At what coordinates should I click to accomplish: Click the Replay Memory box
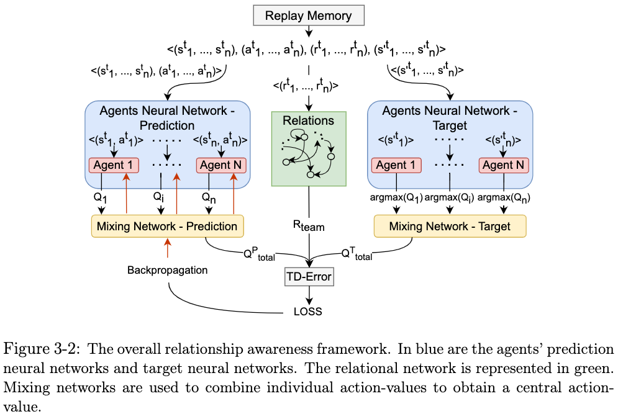pos(309,15)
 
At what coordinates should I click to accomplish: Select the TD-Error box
pos(309,277)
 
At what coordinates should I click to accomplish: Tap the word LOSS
pos(309,311)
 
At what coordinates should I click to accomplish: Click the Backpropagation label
pos(167,270)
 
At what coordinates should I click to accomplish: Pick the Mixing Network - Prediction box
pos(167,226)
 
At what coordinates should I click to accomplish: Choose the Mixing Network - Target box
pos(450,226)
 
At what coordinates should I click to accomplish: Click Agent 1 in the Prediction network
pos(113,165)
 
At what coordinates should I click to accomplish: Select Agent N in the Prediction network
pos(221,165)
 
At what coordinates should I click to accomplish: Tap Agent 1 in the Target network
pos(396,165)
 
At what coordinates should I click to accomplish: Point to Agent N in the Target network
pos(504,165)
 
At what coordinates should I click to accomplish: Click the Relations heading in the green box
pos(308,120)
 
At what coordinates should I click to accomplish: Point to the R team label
pos(309,225)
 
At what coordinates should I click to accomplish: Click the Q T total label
pos(357,253)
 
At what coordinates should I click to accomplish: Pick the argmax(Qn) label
pos(504,198)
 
